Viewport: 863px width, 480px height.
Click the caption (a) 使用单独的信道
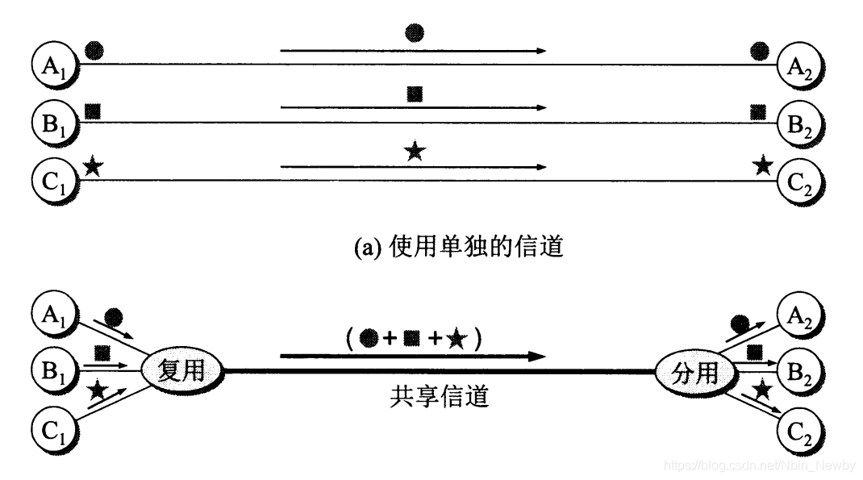click(437, 245)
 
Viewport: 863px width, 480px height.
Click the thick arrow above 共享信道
click(412, 356)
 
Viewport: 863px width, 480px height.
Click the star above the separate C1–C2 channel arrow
click(415, 151)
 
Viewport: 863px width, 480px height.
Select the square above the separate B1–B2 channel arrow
click(415, 93)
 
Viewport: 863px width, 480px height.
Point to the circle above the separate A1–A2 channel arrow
click(415, 34)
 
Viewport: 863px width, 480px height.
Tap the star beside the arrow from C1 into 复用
click(98, 391)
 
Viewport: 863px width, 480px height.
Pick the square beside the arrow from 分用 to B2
click(755, 352)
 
